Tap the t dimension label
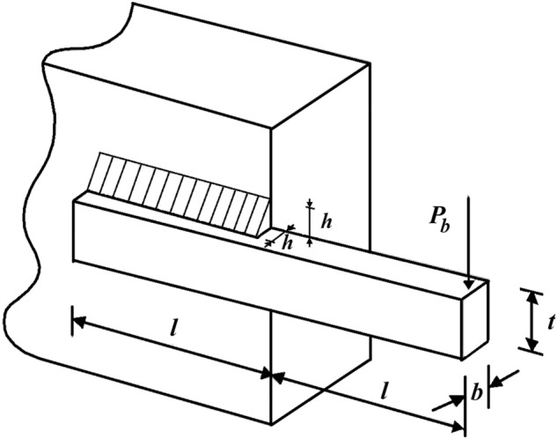coord(549,323)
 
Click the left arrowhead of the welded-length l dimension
coord(77,321)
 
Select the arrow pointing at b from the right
coord(497,382)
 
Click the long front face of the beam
coord(264,282)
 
